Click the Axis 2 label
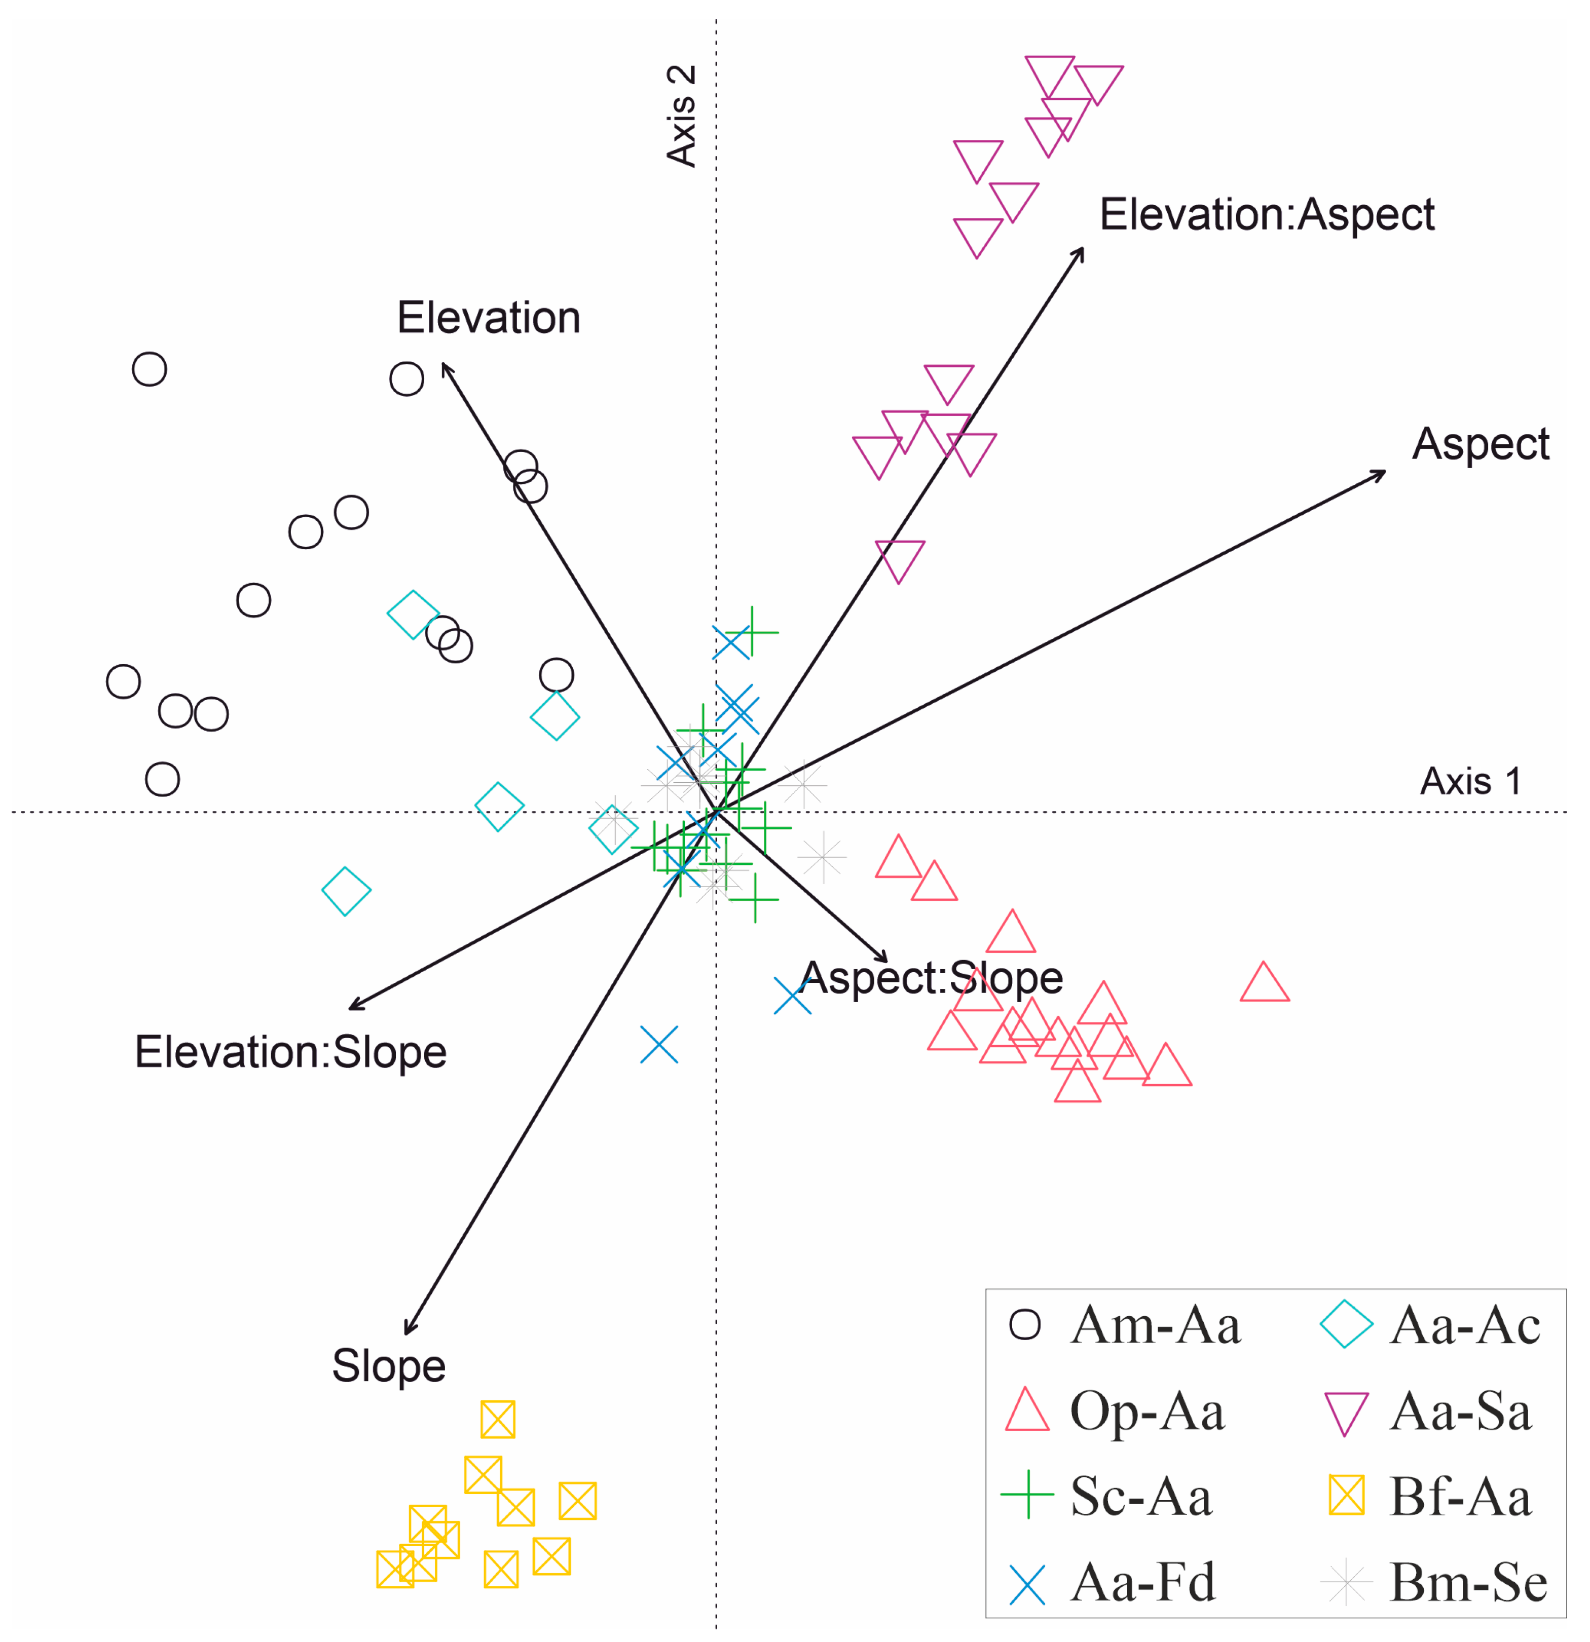tap(681, 116)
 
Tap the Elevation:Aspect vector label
tap(1267, 214)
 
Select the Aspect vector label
tap(1480, 444)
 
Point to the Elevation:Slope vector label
tap(290, 1052)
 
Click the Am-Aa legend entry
tap(1123, 1325)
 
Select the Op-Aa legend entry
tap(1115, 1411)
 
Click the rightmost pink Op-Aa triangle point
tap(1264, 983)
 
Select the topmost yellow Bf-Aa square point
tap(498, 1419)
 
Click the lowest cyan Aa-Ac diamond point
tap(346, 891)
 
